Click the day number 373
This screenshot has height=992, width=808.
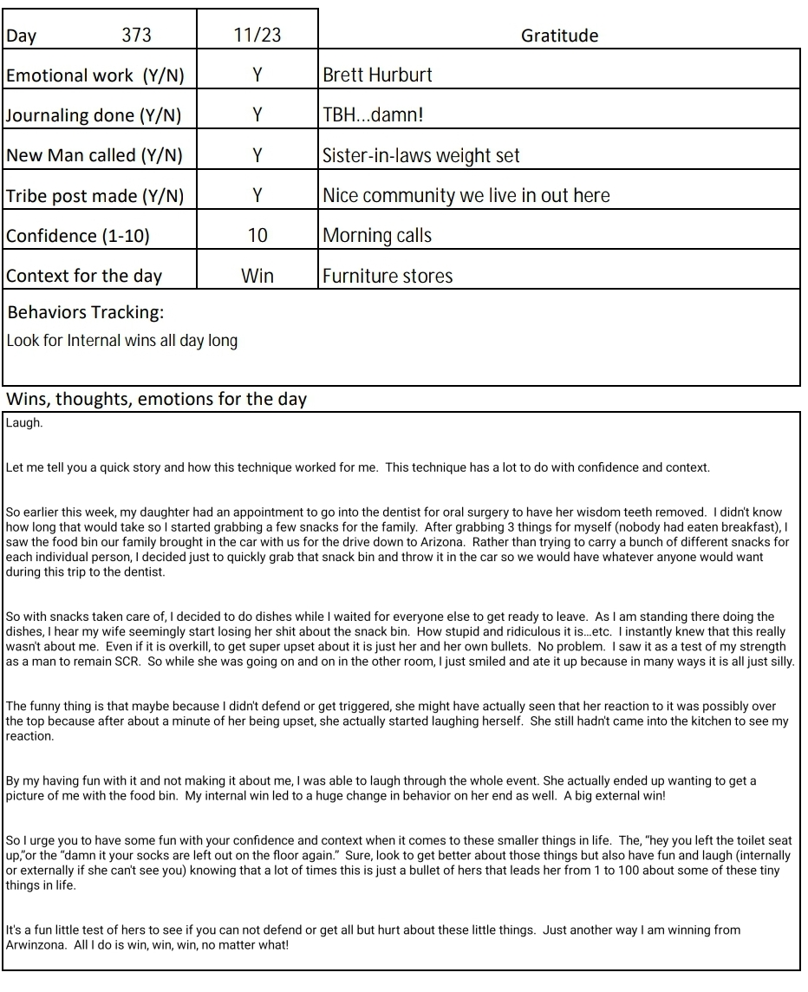click(136, 36)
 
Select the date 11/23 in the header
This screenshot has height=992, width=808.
click(257, 36)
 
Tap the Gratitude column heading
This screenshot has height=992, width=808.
click(559, 36)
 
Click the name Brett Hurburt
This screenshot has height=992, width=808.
click(377, 75)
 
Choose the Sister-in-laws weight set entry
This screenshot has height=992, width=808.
click(421, 156)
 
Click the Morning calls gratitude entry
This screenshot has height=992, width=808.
click(377, 236)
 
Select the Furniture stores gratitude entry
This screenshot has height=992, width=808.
click(388, 277)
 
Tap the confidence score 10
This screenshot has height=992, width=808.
click(257, 236)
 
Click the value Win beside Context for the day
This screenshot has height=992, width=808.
click(257, 277)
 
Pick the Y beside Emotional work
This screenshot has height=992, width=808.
click(257, 75)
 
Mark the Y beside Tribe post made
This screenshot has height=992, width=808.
click(257, 196)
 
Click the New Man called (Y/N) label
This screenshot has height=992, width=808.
click(94, 156)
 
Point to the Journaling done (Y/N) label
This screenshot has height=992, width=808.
click(94, 115)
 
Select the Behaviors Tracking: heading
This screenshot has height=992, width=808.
click(86, 312)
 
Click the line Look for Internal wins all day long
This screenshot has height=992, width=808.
click(122, 340)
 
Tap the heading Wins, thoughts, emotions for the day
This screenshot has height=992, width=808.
click(156, 400)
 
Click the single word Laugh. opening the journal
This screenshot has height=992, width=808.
click(24, 423)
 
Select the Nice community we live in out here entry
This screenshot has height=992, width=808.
click(466, 196)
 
